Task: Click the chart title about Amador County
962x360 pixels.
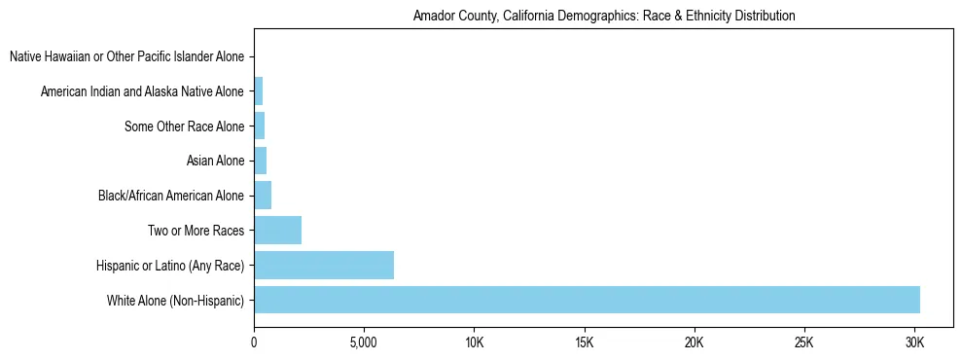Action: (603, 16)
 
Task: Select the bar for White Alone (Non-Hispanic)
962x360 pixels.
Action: (587, 300)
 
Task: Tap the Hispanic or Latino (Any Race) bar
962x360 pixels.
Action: (324, 265)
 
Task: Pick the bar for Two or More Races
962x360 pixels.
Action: (277, 231)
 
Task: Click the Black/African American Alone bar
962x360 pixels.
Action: (263, 196)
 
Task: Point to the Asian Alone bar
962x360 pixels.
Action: (260, 161)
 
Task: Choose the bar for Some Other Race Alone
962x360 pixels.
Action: (259, 126)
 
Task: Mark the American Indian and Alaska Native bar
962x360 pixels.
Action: (258, 91)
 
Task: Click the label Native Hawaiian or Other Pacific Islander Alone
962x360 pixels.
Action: (126, 57)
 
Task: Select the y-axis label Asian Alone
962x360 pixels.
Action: (215, 161)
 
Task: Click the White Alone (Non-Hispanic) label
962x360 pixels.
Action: (175, 300)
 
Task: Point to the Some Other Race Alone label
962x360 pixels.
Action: (185, 126)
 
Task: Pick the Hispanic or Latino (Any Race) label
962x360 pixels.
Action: (170, 265)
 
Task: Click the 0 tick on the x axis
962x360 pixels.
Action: (254, 342)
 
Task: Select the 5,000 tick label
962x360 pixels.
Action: (364, 342)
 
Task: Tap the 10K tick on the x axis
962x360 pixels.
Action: (474, 342)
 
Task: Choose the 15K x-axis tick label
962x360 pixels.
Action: (584, 342)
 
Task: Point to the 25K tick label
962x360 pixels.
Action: (803, 342)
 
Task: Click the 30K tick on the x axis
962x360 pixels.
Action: (913, 342)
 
